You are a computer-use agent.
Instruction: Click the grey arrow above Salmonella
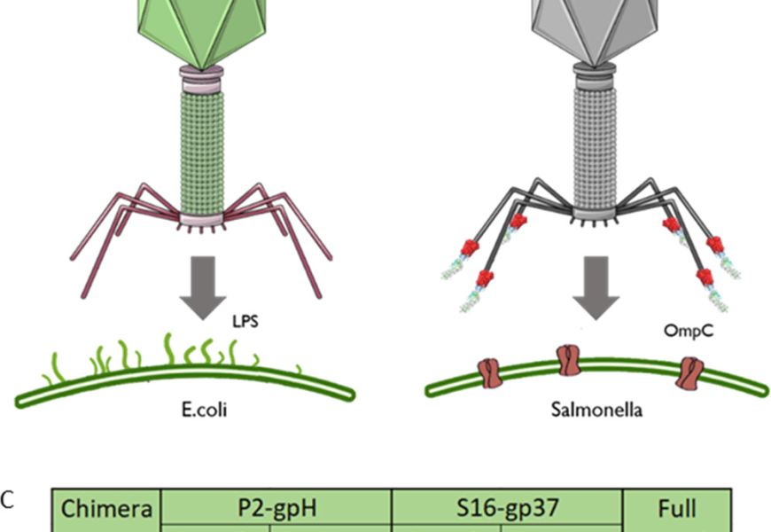[595, 286]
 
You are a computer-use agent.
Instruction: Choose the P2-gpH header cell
[276, 509]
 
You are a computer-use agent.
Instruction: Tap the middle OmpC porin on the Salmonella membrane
[568, 361]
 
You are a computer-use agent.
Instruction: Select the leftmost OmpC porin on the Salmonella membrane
[489, 372]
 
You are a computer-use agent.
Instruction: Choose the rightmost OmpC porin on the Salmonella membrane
[689, 372]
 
